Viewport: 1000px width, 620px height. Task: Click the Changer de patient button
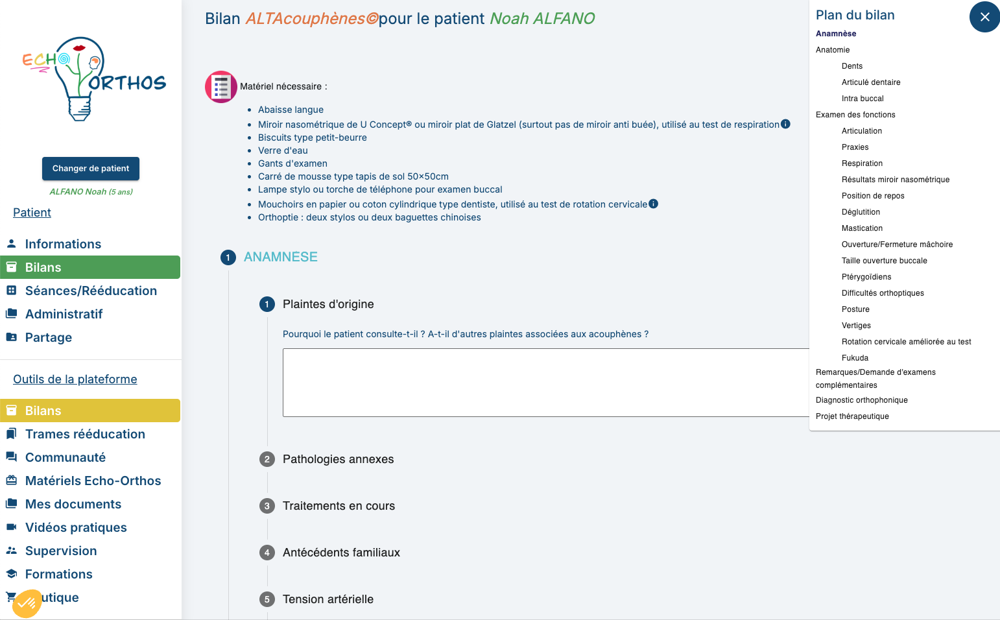tap(91, 169)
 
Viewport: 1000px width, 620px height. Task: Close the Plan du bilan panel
tap(984, 17)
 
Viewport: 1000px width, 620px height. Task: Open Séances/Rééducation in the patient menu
tap(91, 291)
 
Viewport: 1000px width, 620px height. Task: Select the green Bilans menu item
tap(90, 267)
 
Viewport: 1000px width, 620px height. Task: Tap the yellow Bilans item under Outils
tap(90, 411)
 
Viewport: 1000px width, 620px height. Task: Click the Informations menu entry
tap(63, 244)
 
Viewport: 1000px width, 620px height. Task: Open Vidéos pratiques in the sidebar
tap(76, 527)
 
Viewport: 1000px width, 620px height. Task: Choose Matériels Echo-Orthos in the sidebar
tap(93, 481)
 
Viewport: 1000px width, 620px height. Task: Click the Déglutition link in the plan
tap(861, 212)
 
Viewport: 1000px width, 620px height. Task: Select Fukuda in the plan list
tap(855, 358)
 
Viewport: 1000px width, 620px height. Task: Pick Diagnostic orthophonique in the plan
tap(861, 400)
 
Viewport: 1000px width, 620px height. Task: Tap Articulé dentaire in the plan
tap(871, 82)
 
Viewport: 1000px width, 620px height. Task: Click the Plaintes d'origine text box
tap(545, 383)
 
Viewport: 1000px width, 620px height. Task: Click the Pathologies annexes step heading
tap(338, 459)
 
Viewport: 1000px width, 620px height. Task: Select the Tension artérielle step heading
tap(327, 599)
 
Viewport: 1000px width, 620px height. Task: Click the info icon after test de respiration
tap(785, 124)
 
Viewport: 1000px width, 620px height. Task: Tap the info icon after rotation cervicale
tap(654, 204)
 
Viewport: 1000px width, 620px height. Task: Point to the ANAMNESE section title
tap(280, 257)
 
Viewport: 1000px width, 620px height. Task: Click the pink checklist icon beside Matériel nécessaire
tap(221, 87)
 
